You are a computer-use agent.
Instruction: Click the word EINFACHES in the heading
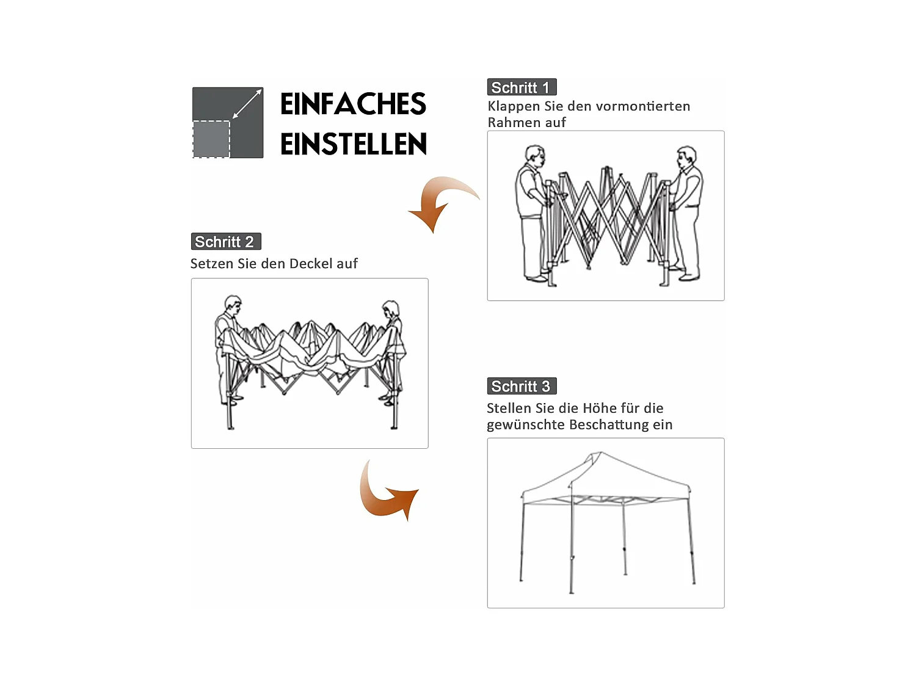353,104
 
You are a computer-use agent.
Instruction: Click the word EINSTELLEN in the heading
353,145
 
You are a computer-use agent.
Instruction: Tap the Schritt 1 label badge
521,87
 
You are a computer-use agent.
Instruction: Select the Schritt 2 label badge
225,242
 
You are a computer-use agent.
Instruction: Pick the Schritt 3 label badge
521,387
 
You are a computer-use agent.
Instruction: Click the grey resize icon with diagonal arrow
228,122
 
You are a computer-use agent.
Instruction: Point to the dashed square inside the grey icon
211,139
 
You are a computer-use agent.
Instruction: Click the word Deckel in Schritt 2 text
311,264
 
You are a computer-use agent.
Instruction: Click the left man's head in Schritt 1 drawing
534,154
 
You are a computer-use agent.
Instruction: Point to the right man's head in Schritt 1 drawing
687,155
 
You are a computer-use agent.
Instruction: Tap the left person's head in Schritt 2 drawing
232,304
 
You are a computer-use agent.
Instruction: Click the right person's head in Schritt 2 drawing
390,308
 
